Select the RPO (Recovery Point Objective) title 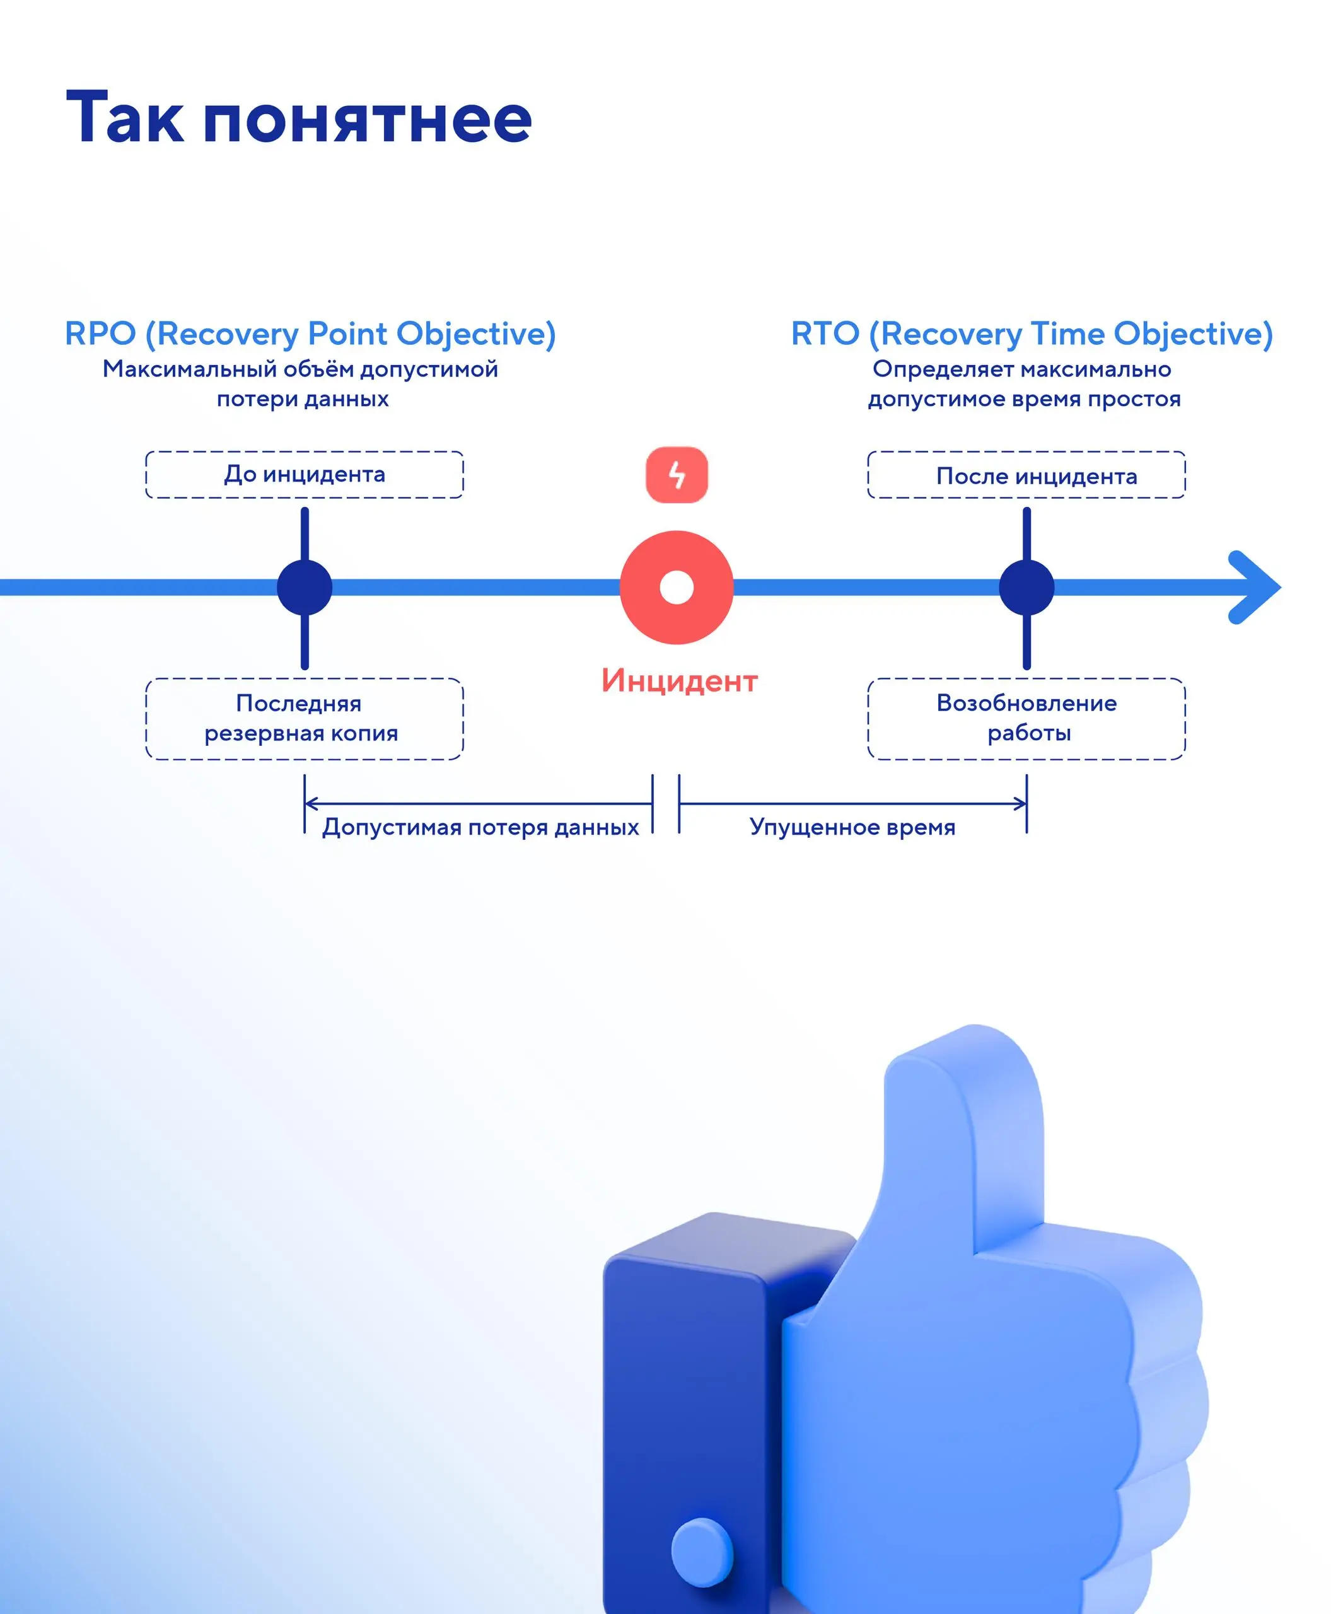point(310,334)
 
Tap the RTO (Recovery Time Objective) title point(1032,334)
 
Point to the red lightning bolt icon point(677,475)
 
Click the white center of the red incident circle point(677,588)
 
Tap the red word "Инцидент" point(679,681)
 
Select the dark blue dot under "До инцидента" point(305,588)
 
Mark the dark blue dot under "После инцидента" point(1026,588)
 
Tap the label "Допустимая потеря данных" point(480,827)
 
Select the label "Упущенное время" point(852,827)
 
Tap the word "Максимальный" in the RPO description point(190,369)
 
